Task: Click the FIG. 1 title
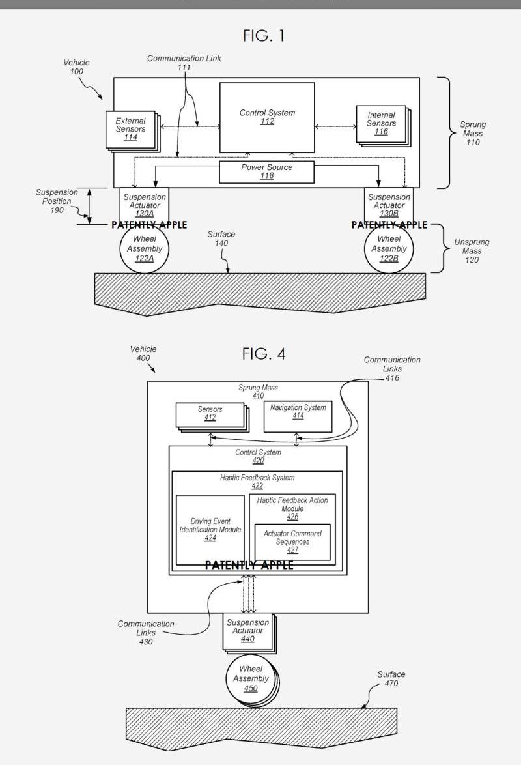[x=263, y=36]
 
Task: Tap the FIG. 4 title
[x=263, y=354]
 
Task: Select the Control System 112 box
[x=267, y=117]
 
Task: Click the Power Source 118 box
[x=266, y=172]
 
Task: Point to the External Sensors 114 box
[x=132, y=131]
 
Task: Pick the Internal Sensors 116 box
[x=383, y=125]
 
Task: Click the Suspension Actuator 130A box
[x=145, y=205]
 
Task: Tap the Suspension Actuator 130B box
[x=389, y=205]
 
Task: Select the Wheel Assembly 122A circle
[x=145, y=249]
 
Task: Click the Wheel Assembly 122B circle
[x=389, y=249]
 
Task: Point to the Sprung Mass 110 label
[x=472, y=133]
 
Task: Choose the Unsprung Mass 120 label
[x=472, y=251]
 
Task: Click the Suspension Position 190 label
[x=57, y=201]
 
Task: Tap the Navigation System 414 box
[x=298, y=416]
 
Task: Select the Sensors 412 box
[x=212, y=417]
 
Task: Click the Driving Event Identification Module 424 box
[x=210, y=530]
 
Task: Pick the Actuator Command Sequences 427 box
[x=292, y=542]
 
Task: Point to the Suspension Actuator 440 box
[x=249, y=633]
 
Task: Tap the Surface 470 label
[x=391, y=678]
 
